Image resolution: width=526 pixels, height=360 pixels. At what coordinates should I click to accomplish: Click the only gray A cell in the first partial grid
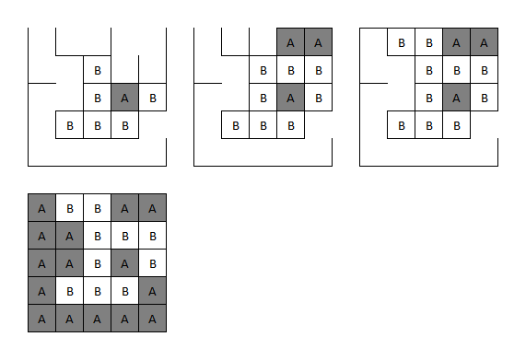tap(124, 97)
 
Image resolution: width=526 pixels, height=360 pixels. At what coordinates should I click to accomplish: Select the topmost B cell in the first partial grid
tap(97, 69)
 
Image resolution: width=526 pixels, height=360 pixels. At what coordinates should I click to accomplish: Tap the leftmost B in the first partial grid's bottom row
tap(69, 124)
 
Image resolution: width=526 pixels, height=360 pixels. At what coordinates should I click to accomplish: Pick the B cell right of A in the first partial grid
tap(152, 97)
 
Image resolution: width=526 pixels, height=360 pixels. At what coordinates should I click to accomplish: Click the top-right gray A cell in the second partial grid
tap(318, 41)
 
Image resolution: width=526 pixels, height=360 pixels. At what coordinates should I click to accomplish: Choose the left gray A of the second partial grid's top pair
tap(290, 41)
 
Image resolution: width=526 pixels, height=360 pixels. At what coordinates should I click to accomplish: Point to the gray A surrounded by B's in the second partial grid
tap(290, 97)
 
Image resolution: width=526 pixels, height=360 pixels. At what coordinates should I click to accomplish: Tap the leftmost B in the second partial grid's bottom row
tap(235, 124)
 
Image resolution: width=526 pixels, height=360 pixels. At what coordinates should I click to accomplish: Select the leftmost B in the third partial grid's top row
tap(401, 41)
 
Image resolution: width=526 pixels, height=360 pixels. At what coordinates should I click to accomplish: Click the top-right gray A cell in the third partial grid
tap(484, 41)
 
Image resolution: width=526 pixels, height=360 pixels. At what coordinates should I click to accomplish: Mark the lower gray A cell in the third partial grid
tap(456, 97)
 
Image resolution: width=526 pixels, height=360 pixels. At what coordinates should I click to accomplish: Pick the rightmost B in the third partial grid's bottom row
tap(456, 124)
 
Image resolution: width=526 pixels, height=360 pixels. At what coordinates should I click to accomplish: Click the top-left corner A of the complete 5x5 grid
tap(41, 207)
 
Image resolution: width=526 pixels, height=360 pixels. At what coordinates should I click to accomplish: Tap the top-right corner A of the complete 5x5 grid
tap(152, 207)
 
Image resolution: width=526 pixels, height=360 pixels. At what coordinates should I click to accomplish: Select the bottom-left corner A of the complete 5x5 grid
tap(41, 318)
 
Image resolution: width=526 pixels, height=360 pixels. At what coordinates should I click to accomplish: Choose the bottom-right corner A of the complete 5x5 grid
tap(152, 318)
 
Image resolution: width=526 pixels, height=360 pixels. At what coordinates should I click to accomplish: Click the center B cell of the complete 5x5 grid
tap(97, 262)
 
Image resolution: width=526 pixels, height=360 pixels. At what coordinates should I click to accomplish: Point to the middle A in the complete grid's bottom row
tap(97, 318)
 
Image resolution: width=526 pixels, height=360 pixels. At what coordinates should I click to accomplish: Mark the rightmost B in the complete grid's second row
tap(152, 235)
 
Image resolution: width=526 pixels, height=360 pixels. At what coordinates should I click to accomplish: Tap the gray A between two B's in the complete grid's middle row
tap(124, 262)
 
